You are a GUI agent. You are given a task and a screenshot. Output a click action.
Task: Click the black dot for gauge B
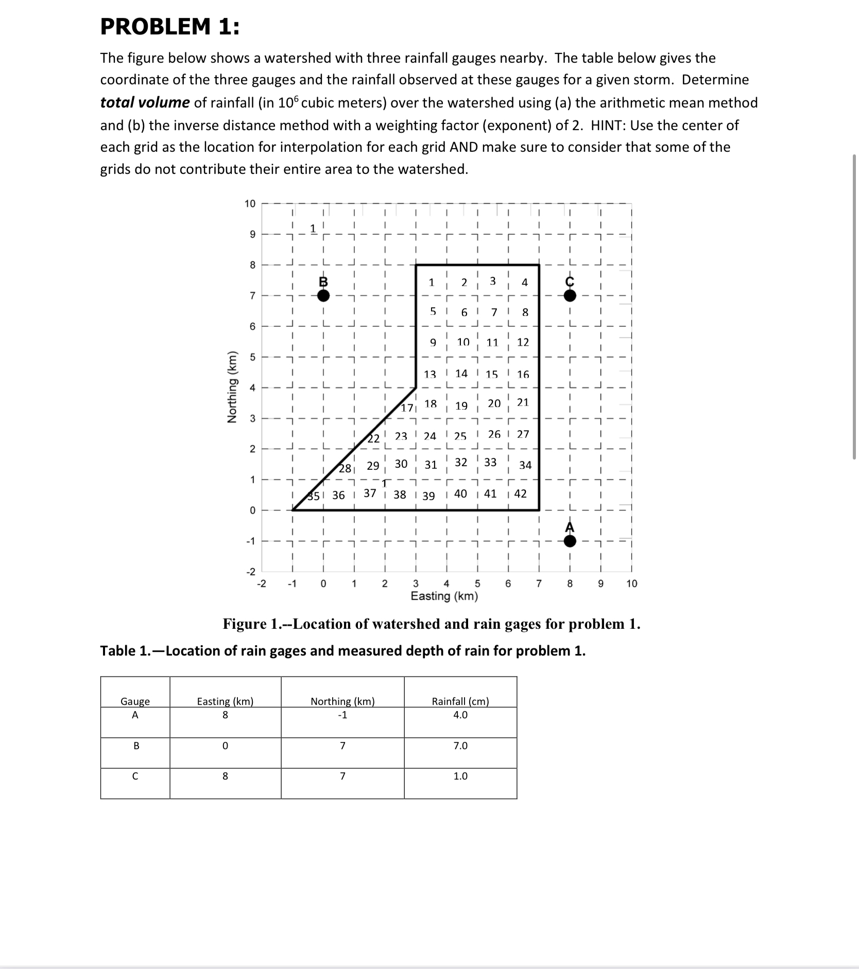323,295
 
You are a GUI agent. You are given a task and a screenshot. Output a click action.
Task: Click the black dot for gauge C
570,295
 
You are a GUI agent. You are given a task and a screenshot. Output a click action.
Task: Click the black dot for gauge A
570,541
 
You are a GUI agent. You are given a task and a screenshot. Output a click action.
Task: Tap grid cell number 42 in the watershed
520,494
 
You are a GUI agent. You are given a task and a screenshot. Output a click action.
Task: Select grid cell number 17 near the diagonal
407,408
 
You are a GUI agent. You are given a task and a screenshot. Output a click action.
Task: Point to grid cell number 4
524,283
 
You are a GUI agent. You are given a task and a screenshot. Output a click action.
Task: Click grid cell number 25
460,436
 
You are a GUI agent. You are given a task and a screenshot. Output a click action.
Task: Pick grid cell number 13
430,375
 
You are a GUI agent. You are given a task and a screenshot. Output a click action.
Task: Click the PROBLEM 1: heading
169,27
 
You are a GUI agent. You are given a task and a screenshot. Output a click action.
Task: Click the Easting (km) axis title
444,596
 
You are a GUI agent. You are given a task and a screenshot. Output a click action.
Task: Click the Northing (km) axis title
233,387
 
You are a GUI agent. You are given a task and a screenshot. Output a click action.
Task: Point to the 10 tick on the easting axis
631,584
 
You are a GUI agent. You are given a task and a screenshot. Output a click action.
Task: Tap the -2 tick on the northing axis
251,572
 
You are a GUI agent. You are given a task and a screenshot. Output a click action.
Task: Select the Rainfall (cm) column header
460,701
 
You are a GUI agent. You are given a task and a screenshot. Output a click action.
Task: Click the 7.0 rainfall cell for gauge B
460,746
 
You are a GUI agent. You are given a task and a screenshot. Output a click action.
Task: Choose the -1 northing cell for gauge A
342,715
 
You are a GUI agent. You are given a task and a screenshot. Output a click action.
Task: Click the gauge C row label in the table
135,776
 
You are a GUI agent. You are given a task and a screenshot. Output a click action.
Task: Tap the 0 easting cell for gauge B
225,746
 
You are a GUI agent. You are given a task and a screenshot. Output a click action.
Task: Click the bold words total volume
145,102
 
